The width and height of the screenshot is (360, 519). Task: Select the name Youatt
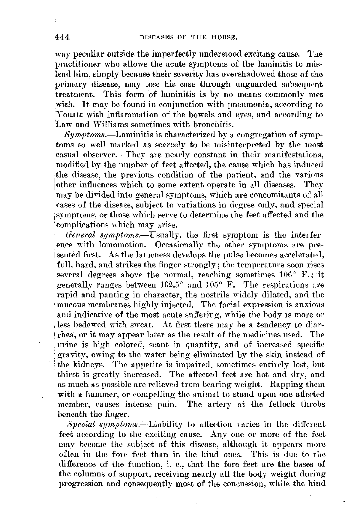point(71,115)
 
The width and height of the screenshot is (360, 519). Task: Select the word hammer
point(90,395)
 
